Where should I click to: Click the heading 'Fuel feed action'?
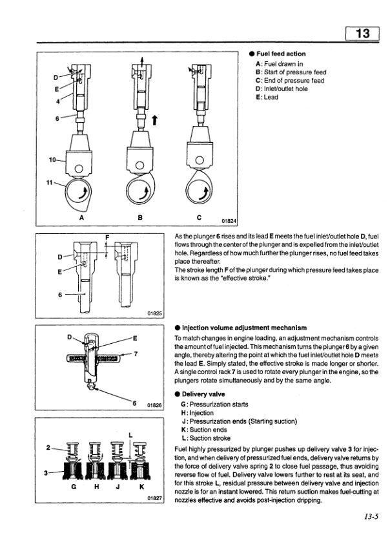[281, 54]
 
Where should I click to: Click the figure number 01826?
[153, 405]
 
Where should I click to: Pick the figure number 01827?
[153, 498]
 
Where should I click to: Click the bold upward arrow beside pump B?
[154, 121]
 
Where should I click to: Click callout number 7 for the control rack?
[136, 354]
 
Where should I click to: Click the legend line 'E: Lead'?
[267, 98]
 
